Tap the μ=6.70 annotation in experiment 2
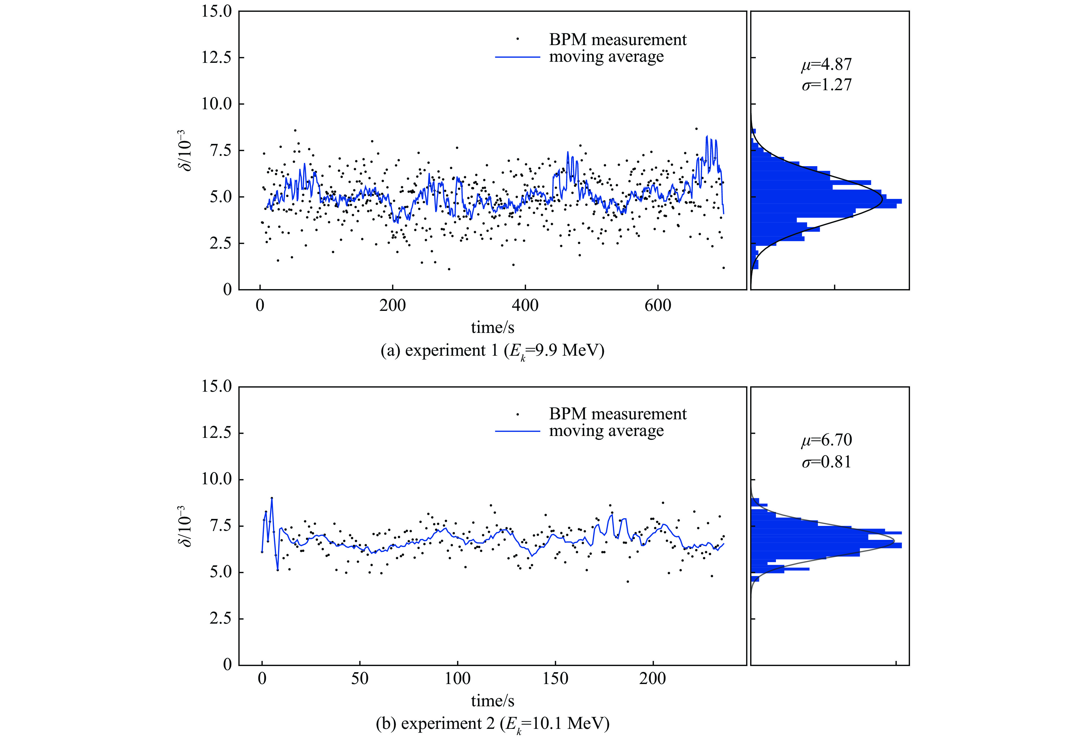pos(826,439)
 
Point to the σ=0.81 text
pos(826,462)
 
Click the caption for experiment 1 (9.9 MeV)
pos(492,351)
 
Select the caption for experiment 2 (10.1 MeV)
pos(492,724)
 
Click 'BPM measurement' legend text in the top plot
pos(617,40)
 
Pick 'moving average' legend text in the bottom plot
pos(606,431)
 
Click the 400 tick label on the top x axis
pos(525,306)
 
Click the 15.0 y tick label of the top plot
pos(216,12)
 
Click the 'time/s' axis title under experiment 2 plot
pos(492,701)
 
